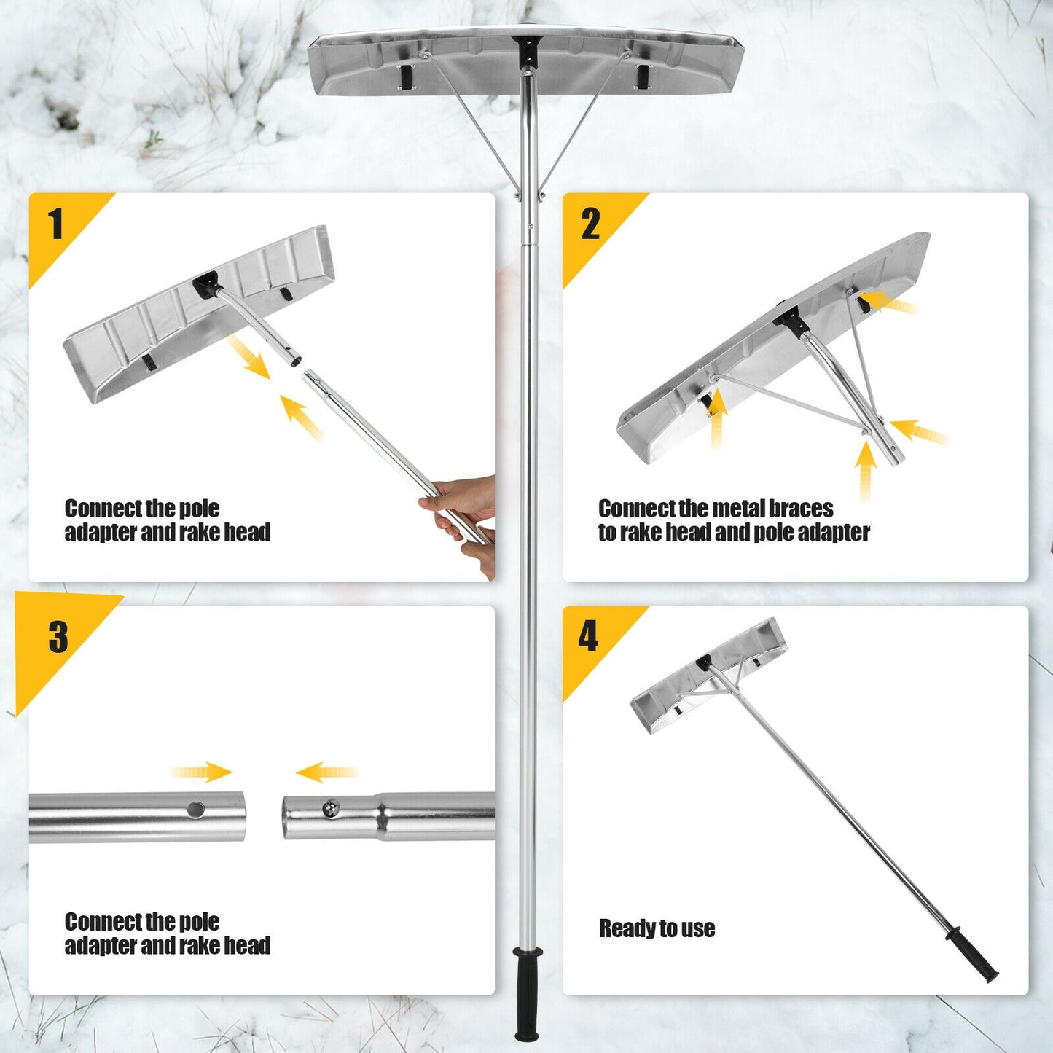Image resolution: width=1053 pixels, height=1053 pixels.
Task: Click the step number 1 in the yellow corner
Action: point(55,224)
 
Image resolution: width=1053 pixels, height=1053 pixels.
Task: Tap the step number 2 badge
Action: point(590,224)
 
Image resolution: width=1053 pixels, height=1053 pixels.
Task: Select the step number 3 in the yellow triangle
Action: point(58,638)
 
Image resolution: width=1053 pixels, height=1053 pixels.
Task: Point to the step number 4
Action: point(588,636)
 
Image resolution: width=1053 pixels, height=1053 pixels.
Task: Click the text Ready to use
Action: point(657,928)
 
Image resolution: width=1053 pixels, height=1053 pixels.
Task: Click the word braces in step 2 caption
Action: point(801,508)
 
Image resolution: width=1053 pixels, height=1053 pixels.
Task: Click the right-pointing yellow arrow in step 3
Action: point(202,772)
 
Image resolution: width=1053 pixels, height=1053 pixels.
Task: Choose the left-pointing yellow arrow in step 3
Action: point(326,772)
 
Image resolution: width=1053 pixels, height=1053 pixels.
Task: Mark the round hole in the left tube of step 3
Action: point(195,809)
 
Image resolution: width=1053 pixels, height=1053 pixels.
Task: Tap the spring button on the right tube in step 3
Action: point(331,808)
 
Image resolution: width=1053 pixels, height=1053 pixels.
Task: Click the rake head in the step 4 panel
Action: point(707,674)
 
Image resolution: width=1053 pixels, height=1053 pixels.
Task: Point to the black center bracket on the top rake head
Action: point(525,52)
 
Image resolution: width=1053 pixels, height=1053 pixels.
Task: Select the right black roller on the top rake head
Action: point(643,76)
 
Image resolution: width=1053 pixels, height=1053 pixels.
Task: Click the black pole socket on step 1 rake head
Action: point(205,283)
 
